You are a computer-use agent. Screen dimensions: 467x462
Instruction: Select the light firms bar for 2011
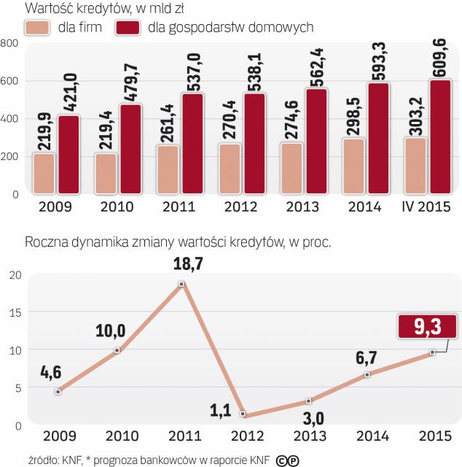coord(168,170)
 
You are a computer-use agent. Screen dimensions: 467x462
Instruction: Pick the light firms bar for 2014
coord(354,166)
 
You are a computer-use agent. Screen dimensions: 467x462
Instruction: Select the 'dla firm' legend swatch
coord(37,28)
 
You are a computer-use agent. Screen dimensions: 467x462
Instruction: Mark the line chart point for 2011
coord(182,284)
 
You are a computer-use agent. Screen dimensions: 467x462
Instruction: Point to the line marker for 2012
coord(244,414)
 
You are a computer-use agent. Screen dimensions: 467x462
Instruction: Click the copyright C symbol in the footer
coord(281,460)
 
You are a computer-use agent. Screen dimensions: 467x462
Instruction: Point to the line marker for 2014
coord(367,374)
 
